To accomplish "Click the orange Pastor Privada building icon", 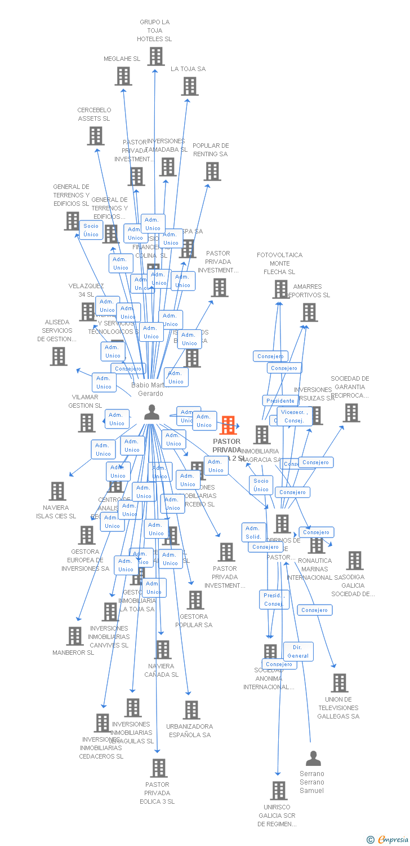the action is click(x=228, y=425).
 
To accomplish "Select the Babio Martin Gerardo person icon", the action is click(x=151, y=413).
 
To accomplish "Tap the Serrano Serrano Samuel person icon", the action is click(x=313, y=758).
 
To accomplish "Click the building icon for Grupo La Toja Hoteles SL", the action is click(x=156, y=56).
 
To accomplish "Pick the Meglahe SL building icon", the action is click(x=123, y=76).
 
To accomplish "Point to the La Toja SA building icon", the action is click(x=190, y=86).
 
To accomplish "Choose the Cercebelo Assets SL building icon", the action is click(x=95, y=136).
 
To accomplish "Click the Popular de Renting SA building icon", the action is click(x=212, y=171).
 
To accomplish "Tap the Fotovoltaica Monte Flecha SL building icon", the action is click(x=280, y=289).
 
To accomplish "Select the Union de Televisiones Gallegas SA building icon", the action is click(x=339, y=683).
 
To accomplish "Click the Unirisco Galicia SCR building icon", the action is click(x=278, y=791).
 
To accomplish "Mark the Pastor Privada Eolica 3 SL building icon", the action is click(x=159, y=768).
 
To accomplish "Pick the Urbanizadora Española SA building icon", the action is click(x=191, y=710).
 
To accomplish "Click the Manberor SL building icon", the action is click(x=74, y=636).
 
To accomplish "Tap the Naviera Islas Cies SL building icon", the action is click(x=57, y=491).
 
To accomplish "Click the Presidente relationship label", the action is click(x=280, y=400).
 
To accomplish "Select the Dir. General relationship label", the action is click(x=298, y=651).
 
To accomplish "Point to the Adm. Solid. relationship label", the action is click(x=253, y=532).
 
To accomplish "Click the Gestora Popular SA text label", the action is click(x=194, y=620).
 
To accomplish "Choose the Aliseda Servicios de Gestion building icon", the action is click(x=59, y=356).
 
